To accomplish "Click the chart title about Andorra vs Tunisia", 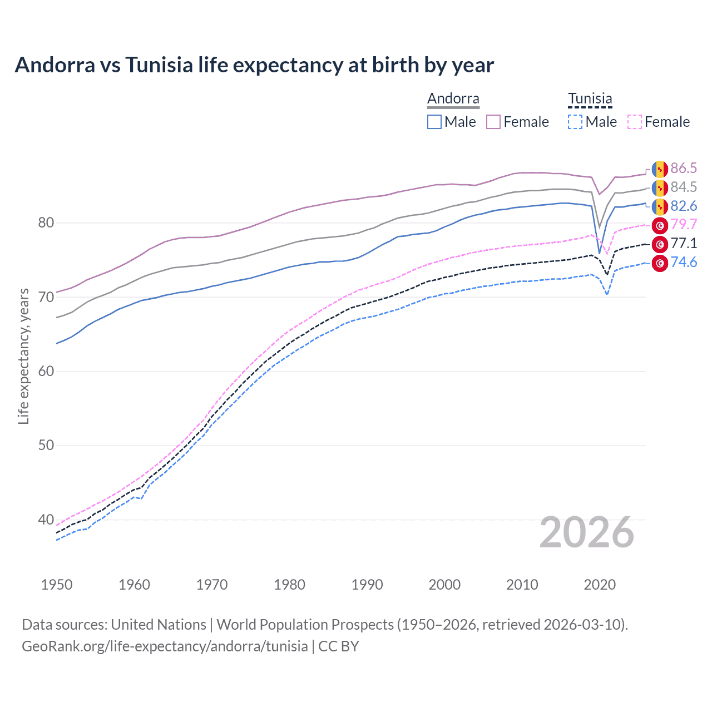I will (x=254, y=65).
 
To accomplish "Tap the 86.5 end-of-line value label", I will (x=684, y=169).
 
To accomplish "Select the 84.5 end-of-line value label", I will (x=684, y=187).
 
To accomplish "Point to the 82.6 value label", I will (x=684, y=206).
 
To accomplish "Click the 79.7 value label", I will (x=684, y=225).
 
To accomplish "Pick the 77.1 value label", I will (x=684, y=244).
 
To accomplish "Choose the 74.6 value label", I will (x=684, y=263).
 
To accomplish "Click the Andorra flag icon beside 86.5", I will (x=660, y=169).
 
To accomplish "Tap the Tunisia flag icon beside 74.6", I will (x=660, y=263).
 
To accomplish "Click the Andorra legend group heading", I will (x=453, y=99).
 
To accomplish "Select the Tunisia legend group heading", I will (x=590, y=99).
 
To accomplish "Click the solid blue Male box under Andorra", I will (x=434, y=122).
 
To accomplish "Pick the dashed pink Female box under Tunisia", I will (x=635, y=122).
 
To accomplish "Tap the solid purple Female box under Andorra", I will (x=493, y=122).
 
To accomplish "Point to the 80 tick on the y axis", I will (x=46, y=223).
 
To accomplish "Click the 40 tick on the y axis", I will (x=46, y=520).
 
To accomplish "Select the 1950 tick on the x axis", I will (x=57, y=585).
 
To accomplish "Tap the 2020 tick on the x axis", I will (x=600, y=585).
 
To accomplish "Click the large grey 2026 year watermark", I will (x=587, y=533).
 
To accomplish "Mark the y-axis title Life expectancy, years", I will (x=24, y=356).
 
